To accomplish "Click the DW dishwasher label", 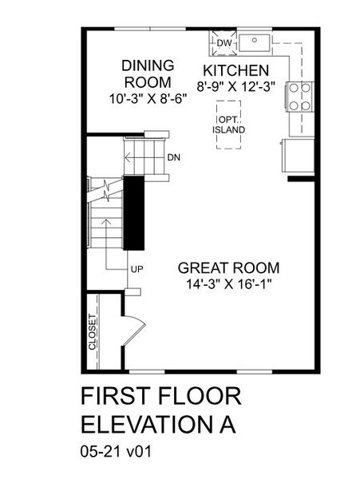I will [x=225, y=42].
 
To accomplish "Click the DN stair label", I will [x=174, y=156].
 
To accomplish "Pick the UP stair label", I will [x=136, y=269].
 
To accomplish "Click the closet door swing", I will [x=134, y=328].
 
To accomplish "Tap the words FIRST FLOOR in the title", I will [x=161, y=397].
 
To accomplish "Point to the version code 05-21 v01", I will [x=117, y=451].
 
